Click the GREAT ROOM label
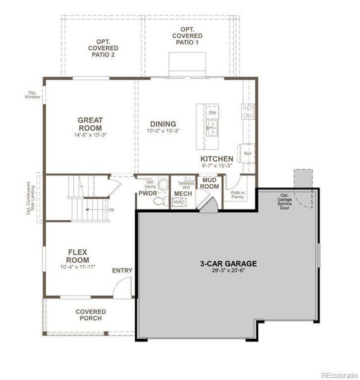(x=90, y=123)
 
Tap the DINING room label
(x=163, y=124)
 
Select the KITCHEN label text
(x=216, y=159)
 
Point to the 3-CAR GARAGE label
(x=228, y=263)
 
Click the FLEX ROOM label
(x=81, y=256)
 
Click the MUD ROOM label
(x=210, y=184)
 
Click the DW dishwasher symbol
(x=213, y=113)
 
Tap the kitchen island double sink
(x=213, y=132)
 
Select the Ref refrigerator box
(x=247, y=154)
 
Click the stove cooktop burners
(x=247, y=112)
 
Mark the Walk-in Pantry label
(x=238, y=194)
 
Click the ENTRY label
(x=122, y=271)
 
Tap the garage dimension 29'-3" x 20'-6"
(x=228, y=272)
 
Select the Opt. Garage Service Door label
(x=286, y=201)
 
